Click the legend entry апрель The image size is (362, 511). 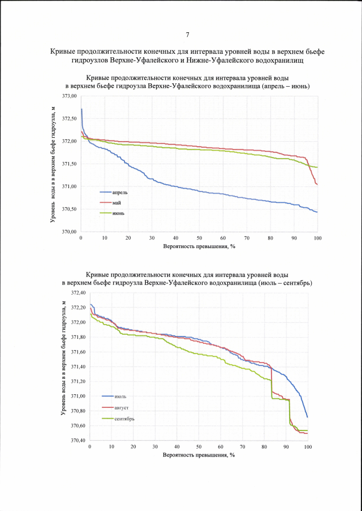[x=120, y=193]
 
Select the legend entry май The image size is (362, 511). [x=118, y=203]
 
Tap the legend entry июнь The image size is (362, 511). [x=119, y=213]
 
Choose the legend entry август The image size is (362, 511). [x=121, y=407]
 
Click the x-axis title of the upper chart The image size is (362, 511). [x=199, y=246]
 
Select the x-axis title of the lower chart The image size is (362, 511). [x=199, y=455]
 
